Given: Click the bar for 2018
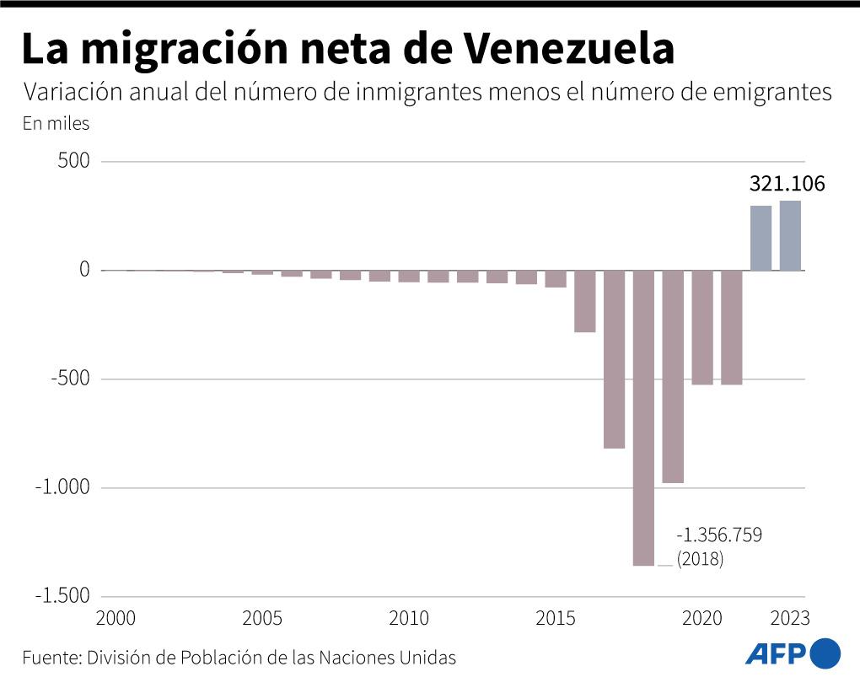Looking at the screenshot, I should (x=643, y=417).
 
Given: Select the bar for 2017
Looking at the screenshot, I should (x=614, y=359).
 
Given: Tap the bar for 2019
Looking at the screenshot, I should (x=673, y=376).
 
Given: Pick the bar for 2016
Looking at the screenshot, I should (x=585, y=301).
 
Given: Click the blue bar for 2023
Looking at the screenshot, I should (x=790, y=236).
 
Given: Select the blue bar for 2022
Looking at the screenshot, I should (x=761, y=239).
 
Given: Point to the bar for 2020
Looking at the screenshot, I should (x=702, y=327).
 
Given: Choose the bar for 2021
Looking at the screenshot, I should (x=732, y=327).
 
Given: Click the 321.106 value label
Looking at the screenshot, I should (x=787, y=185).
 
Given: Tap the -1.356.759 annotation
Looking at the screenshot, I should (x=718, y=535).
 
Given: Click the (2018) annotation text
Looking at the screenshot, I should (x=700, y=558).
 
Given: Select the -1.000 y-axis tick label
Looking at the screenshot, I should (x=62, y=487).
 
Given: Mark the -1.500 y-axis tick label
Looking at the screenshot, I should (x=62, y=596).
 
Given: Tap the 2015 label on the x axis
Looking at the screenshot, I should (x=556, y=619).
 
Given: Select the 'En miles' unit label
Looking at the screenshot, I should (x=56, y=123).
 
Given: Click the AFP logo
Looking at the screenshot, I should (x=793, y=653).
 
